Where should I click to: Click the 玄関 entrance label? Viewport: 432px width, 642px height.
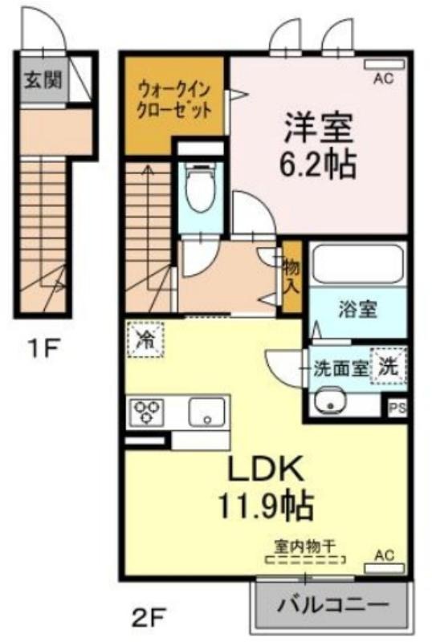[43, 80]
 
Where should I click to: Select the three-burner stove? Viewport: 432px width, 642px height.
[147, 412]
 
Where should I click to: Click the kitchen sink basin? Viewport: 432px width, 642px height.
[207, 412]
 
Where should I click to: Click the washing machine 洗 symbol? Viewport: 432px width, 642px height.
[388, 367]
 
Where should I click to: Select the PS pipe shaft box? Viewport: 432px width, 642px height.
[397, 408]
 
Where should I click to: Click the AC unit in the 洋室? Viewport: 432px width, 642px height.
[384, 64]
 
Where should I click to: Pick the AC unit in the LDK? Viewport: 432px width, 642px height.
[384, 568]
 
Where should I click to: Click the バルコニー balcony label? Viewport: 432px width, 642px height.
[332, 604]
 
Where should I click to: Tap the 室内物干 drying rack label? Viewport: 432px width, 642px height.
[305, 546]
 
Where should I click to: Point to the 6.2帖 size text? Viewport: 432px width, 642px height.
[317, 165]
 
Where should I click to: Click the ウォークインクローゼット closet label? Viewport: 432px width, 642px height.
[174, 100]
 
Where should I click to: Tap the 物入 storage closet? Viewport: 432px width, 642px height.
[292, 277]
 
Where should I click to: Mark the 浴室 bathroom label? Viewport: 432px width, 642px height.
[357, 310]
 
